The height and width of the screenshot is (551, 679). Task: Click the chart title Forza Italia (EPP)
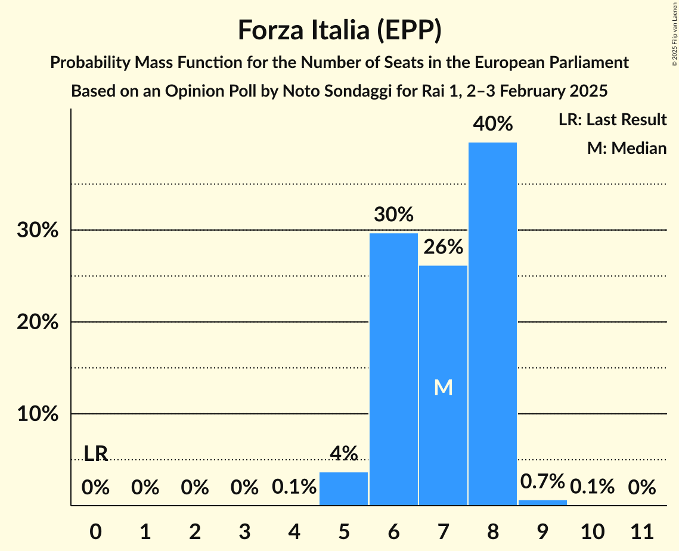coord(339,30)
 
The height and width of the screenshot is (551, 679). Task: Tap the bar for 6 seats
coord(393,369)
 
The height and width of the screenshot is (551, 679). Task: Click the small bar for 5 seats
coord(344,488)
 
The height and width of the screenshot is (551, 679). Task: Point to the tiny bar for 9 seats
coord(542,503)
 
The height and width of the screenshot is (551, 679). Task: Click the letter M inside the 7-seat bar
coord(443,388)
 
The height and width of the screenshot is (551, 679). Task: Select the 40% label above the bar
coord(492,124)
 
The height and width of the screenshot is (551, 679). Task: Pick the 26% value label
coord(443,247)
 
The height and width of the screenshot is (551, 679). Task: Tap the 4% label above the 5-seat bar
coord(344,454)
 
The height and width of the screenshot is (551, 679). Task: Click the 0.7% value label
coord(542,481)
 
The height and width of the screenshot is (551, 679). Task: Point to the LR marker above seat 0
coord(95,454)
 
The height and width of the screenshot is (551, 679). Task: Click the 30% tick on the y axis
coord(38,230)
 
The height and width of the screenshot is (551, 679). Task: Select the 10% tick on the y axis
coord(38,414)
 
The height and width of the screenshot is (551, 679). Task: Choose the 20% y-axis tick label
coord(38,322)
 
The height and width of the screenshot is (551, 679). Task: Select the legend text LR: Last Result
coord(612,120)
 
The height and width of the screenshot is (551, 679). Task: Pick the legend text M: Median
coord(627,148)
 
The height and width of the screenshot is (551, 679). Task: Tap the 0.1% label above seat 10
coord(592,487)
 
